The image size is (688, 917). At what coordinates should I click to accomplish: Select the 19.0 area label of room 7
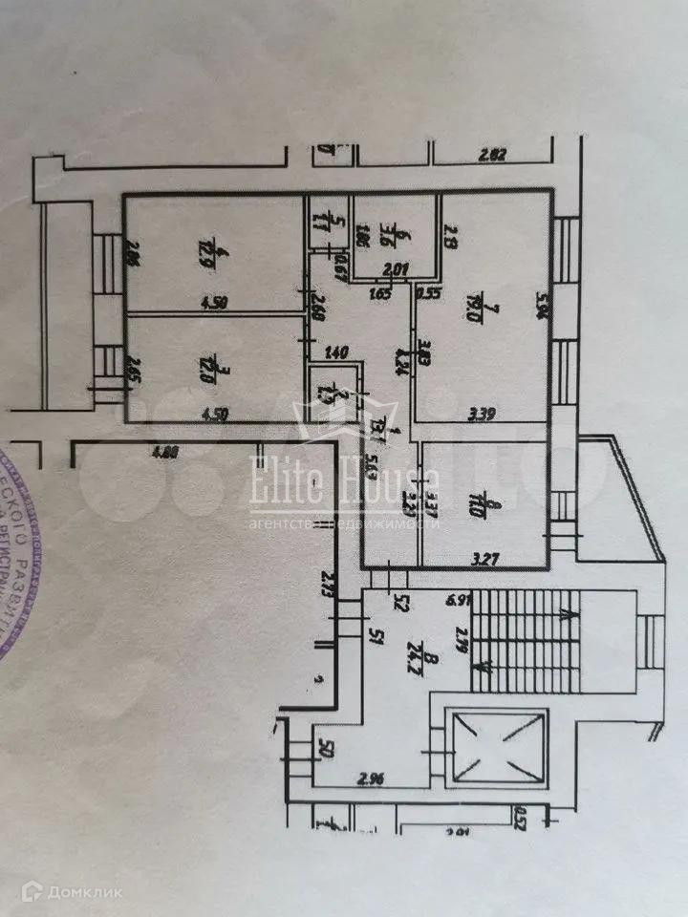[x=496, y=308]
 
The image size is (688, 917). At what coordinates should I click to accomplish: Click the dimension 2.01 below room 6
[x=396, y=270]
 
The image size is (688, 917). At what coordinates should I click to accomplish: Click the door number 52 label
[x=403, y=603]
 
